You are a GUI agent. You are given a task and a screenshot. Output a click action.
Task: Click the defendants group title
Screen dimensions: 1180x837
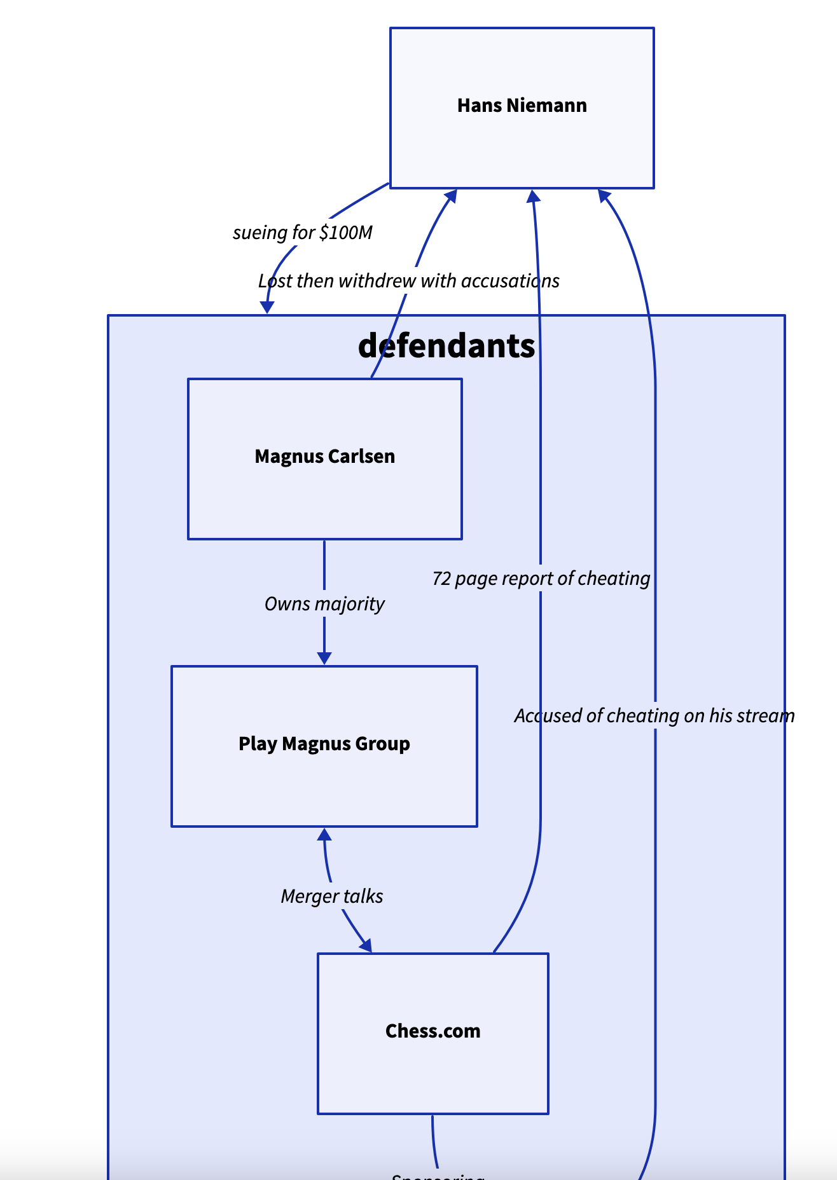point(446,346)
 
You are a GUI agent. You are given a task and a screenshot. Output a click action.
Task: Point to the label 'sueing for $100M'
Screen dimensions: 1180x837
point(302,233)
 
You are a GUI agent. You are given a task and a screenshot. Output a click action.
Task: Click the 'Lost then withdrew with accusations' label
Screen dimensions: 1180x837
point(408,281)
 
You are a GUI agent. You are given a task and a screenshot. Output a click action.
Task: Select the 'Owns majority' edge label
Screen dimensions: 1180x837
point(324,603)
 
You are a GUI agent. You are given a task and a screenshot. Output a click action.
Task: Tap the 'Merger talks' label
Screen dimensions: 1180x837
point(331,896)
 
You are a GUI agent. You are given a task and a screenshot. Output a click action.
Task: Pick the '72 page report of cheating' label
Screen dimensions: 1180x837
point(541,579)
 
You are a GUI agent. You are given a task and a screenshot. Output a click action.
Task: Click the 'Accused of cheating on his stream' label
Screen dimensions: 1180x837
point(654,716)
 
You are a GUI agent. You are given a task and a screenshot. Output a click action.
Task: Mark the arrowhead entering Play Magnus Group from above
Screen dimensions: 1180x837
point(324,659)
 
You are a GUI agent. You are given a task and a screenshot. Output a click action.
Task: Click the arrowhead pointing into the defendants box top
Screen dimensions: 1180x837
point(267,308)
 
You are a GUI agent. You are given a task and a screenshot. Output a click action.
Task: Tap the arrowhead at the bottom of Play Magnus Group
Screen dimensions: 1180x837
point(324,834)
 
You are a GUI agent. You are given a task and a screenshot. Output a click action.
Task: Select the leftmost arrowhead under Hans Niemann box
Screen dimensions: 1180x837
point(452,195)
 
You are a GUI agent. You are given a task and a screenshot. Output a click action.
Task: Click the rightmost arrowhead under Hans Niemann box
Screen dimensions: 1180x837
point(604,195)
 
